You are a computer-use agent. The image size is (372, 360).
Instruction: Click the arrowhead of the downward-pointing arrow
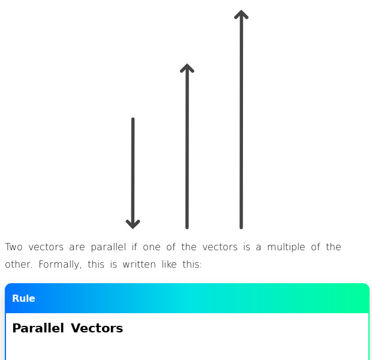tap(133, 224)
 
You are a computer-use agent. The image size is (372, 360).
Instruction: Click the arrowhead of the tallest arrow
tap(241, 14)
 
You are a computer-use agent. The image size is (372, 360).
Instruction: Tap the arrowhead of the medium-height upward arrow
tap(187, 68)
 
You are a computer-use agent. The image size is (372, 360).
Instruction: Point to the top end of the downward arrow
tap(133, 119)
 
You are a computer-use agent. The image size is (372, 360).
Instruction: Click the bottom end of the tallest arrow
tap(241, 227)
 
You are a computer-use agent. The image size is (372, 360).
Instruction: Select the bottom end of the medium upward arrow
tap(187, 227)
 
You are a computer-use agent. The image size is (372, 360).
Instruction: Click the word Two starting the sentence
tap(14, 247)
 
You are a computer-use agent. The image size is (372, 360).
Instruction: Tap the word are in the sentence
tap(77, 247)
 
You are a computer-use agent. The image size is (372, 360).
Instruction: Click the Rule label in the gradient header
tap(23, 299)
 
